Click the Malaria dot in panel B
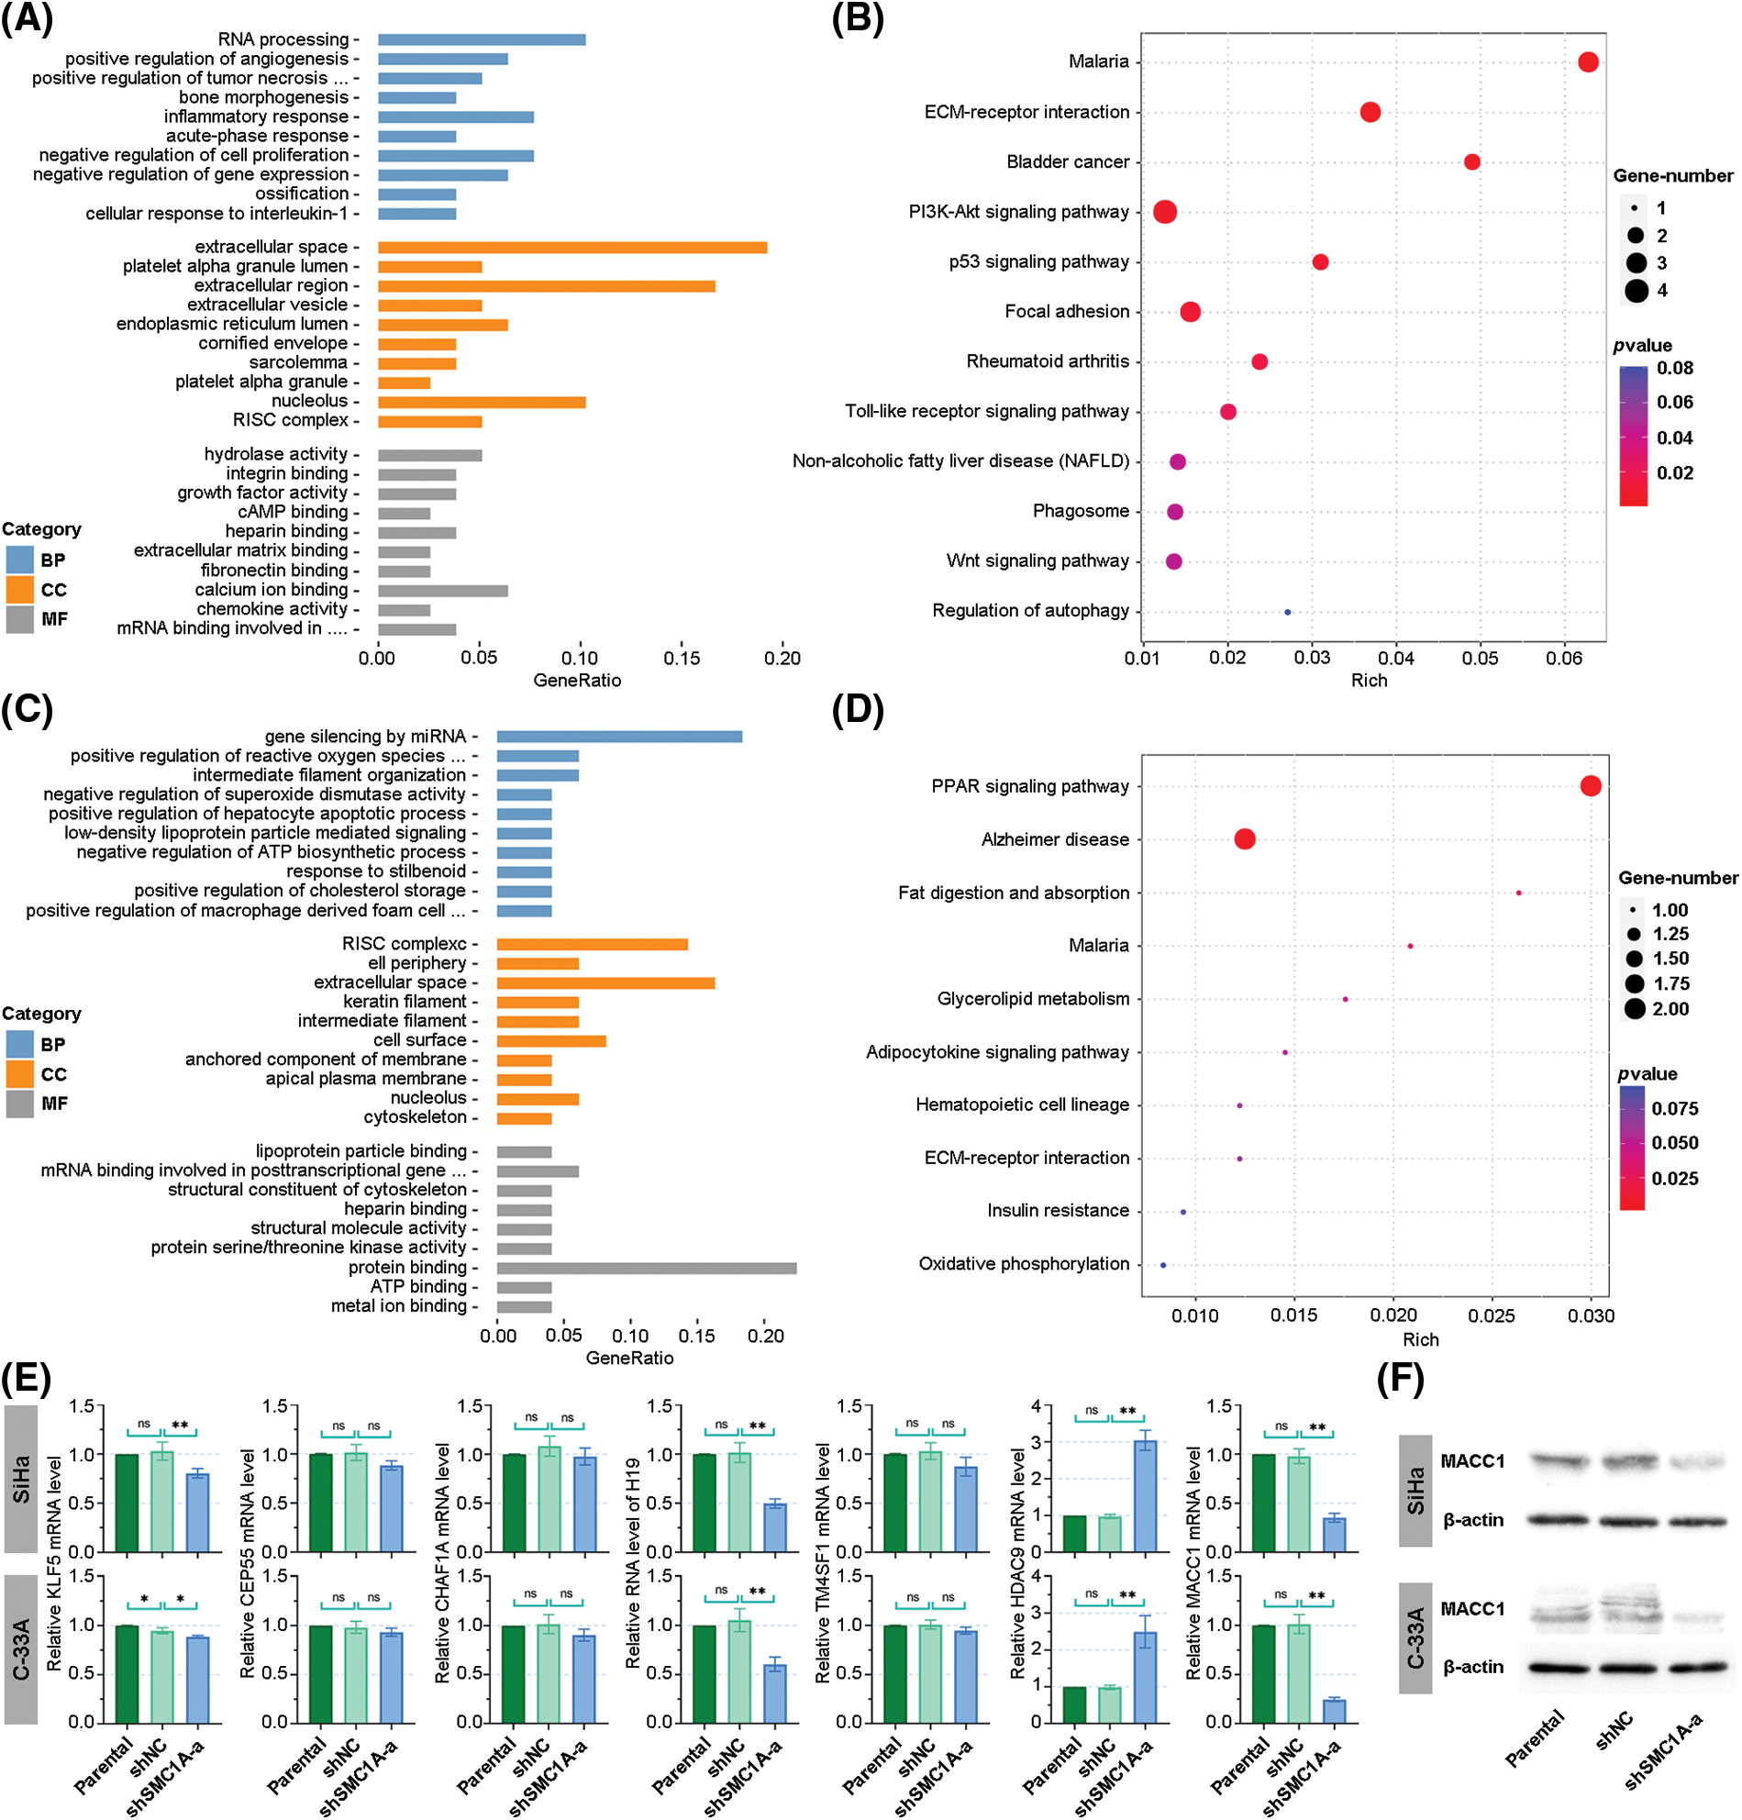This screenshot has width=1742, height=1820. (x=1588, y=62)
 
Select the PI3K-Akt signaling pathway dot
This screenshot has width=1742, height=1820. (x=1164, y=212)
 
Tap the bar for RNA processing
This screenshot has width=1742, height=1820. (x=481, y=40)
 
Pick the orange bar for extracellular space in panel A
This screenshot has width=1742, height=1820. (x=572, y=247)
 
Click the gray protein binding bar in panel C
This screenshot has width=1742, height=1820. (x=647, y=1268)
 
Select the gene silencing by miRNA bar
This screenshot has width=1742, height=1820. (x=619, y=737)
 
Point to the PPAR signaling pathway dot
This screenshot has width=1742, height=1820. (x=1590, y=785)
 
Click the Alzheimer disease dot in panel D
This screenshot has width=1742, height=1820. (x=1244, y=839)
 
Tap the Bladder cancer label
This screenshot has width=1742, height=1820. (x=1068, y=161)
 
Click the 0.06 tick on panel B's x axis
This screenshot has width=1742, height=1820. (x=1564, y=659)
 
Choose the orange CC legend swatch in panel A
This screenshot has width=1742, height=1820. (x=19, y=590)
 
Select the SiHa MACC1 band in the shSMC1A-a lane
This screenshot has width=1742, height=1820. (x=1697, y=1462)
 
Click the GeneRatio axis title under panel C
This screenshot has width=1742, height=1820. (x=629, y=1358)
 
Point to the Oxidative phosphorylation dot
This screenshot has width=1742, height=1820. (x=1162, y=1265)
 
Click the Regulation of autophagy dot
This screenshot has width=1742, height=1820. (x=1287, y=612)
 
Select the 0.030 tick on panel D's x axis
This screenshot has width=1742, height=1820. (x=1591, y=1315)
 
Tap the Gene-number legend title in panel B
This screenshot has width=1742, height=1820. (x=1672, y=175)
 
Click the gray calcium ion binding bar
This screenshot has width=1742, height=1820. (x=442, y=591)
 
